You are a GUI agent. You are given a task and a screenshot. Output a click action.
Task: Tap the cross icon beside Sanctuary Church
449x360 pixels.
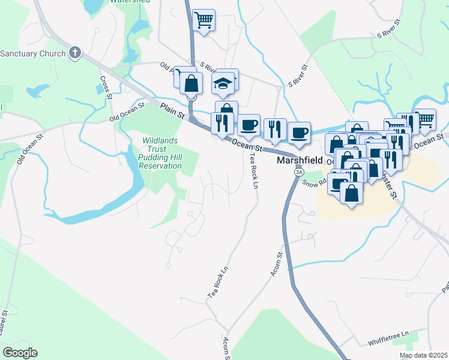tap(75, 53)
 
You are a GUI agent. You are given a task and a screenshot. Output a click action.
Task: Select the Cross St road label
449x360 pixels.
tap(107, 87)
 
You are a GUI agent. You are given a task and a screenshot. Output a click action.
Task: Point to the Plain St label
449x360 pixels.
tap(173, 112)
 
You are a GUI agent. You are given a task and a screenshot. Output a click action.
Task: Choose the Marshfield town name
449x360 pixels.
tap(298, 161)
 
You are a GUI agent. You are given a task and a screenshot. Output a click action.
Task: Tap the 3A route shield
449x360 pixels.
tap(298, 172)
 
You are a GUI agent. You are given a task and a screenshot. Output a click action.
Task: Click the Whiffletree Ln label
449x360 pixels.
tap(389, 334)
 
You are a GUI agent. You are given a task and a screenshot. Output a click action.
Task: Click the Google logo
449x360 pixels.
tap(20, 352)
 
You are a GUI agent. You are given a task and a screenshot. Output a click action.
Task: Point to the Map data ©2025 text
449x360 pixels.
tap(423, 355)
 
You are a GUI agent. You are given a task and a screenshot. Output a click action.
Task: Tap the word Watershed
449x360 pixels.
tap(130, 2)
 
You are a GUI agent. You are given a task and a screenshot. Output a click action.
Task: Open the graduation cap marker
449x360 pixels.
tap(223, 84)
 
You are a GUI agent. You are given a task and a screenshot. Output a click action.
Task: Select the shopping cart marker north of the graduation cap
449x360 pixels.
tap(203, 20)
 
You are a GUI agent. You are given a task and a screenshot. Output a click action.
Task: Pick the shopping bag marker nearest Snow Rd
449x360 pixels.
tap(351, 193)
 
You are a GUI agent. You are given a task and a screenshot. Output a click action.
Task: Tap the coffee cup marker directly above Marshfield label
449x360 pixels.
tap(298, 133)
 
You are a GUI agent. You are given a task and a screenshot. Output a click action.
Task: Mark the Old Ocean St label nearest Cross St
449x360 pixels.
tap(127, 112)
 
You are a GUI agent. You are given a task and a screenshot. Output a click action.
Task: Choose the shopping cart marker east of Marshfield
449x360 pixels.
tap(425, 119)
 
